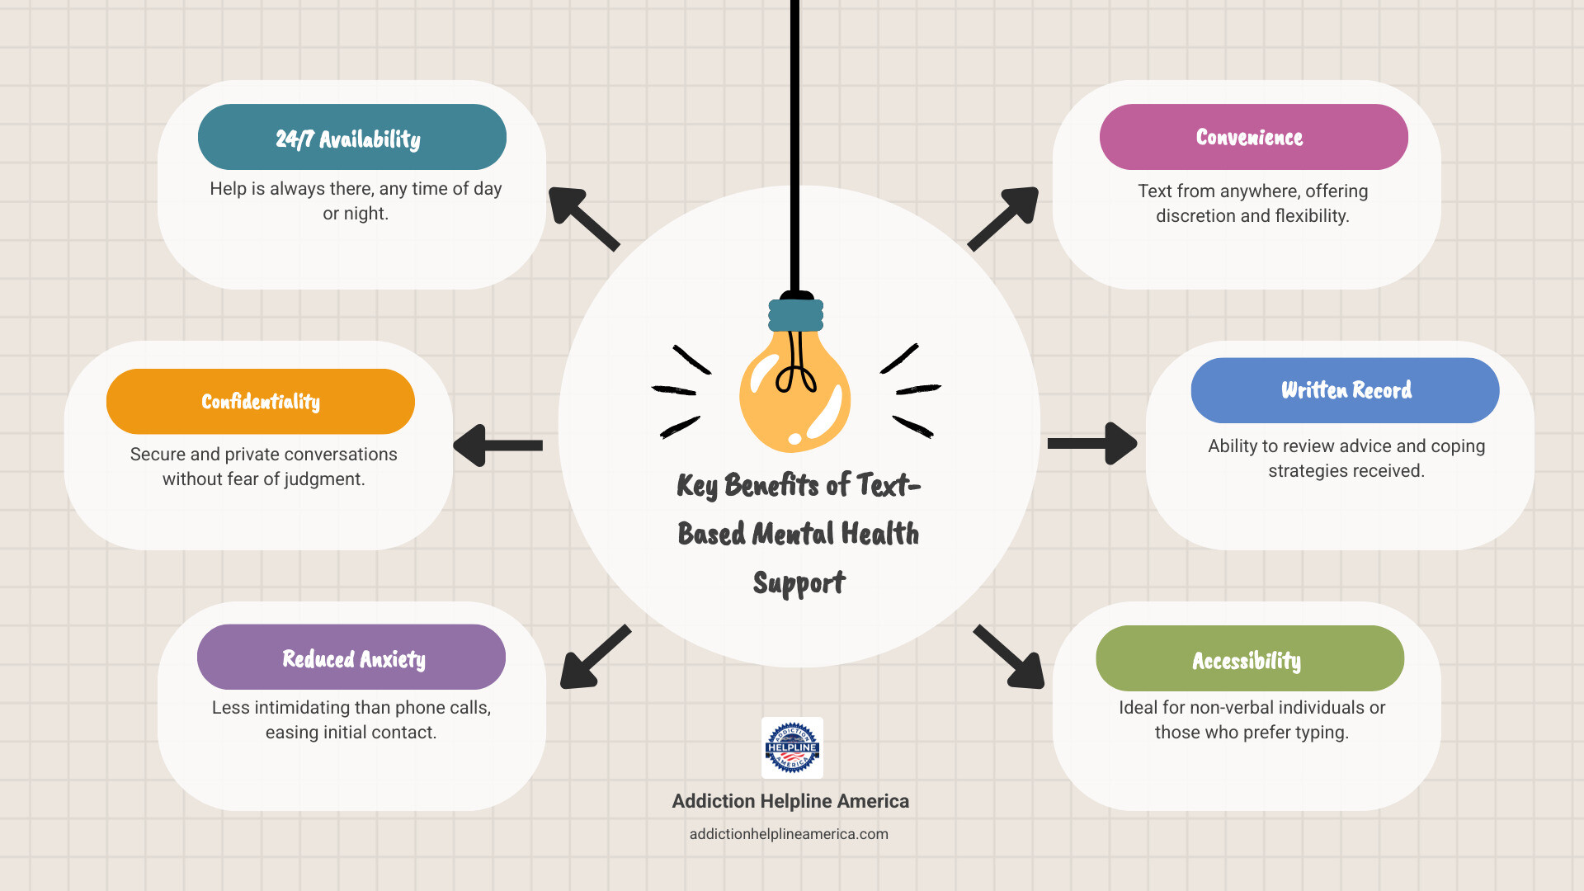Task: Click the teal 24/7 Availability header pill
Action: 351,137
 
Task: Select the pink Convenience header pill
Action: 1253,137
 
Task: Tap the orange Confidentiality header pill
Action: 261,402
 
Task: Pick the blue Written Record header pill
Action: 1345,390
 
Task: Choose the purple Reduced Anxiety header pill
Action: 351,658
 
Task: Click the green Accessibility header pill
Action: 1249,658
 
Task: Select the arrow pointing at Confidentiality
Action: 497,445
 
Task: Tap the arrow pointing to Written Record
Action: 1093,444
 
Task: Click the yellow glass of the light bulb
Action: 794,396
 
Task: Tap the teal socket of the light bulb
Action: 796,315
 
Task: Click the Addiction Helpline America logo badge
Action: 792,747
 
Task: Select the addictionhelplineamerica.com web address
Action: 789,834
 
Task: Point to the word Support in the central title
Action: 799,584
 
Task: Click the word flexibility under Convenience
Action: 1307,216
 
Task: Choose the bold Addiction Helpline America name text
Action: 790,801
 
